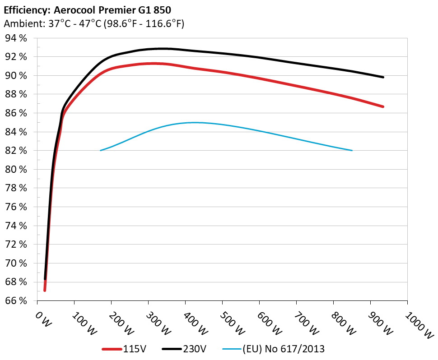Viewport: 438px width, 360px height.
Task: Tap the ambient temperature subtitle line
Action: coord(93,23)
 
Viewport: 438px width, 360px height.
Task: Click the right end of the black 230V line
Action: coord(383,77)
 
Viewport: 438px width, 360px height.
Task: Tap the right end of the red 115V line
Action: coord(383,106)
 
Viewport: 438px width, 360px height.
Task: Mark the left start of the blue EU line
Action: coord(100,150)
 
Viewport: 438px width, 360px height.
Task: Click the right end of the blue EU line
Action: coord(352,150)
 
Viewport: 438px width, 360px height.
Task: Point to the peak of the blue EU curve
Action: coord(193,122)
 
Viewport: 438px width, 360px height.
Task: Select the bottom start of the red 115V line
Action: coord(45,290)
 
